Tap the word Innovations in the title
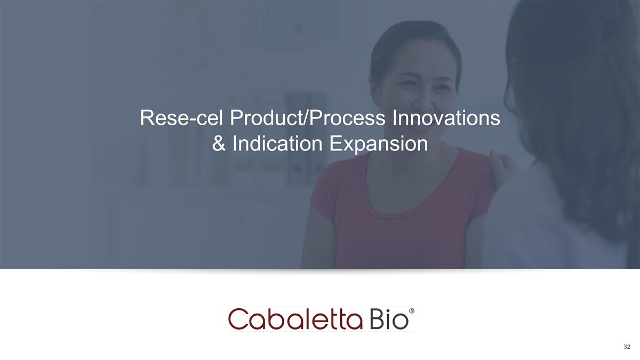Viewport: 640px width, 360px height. pos(446,118)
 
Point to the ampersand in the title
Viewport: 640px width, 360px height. pos(219,144)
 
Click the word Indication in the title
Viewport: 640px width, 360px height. pos(276,144)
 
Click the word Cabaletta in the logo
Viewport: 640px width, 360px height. pos(296,318)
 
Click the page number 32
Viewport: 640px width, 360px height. pos(627,347)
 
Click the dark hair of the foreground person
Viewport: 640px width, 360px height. pos(576,80)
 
